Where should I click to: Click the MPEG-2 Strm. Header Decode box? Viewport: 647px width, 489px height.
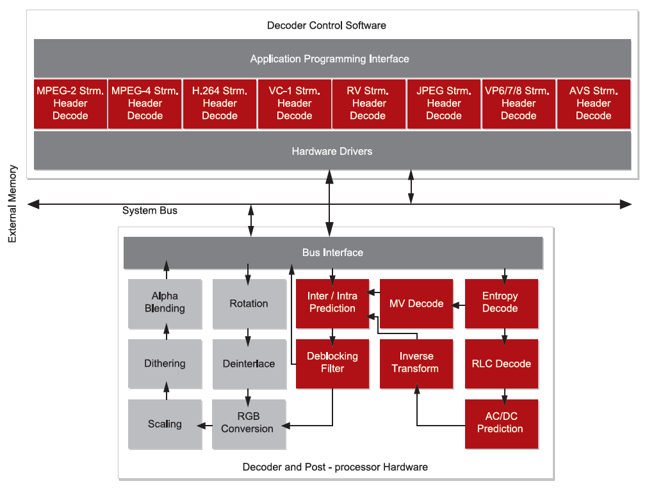click(70, 104)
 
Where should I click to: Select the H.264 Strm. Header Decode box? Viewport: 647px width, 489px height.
click(220, 104)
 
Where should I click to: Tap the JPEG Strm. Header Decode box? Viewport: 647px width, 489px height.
click(444, 104)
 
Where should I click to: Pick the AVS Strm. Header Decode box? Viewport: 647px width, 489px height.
click(593, 104)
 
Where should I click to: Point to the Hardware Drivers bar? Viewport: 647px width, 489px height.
click(332, 152)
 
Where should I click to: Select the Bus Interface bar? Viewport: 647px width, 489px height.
click(332, 253)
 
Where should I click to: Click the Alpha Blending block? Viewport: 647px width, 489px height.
click(165, 302)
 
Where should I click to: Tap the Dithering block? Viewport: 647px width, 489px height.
click(165, 364)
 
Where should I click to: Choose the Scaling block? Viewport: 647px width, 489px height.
click(165, 424)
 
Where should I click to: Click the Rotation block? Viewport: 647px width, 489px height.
click(249, 303)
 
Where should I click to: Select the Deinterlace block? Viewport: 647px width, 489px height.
click(249, 364)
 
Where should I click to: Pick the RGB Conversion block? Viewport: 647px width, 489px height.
click(249, 423)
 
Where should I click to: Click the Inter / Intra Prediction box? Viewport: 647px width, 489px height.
click(332, 303)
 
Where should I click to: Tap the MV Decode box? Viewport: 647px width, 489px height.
click(416, 303)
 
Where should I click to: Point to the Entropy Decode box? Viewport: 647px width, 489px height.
click(500, 303)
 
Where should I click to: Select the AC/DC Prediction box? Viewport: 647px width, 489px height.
click(500, 422)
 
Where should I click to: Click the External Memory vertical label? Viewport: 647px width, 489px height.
click(13, 204)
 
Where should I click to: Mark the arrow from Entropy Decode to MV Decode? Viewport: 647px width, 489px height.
click(458, 305)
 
